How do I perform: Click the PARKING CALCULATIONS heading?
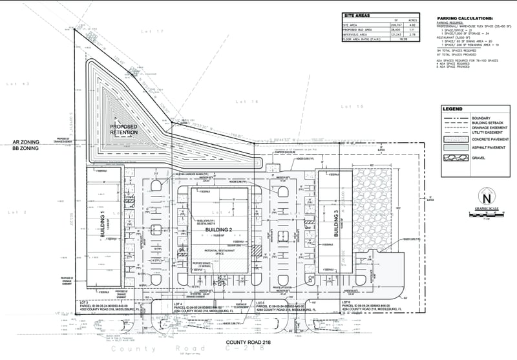pos(465,18)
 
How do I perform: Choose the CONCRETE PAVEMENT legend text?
pos(490,139)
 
